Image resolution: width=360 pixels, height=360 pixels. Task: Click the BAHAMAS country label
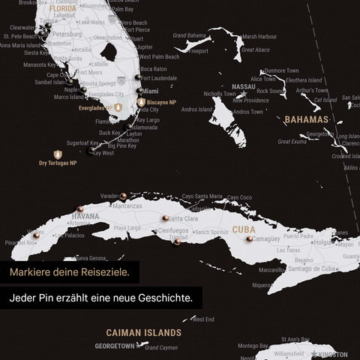[306, 120]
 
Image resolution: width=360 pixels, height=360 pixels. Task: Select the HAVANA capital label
[85, 217]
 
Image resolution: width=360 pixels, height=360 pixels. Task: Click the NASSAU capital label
[244, 87]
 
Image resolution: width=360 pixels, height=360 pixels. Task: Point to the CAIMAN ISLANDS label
[143, 331]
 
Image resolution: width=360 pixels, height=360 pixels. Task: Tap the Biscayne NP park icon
[141, 102]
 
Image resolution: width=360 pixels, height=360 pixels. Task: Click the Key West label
[103, 153]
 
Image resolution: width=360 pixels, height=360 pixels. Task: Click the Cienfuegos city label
[173, 232]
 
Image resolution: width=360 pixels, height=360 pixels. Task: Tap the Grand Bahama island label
[189, 35]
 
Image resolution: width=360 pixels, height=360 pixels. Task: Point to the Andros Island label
[196, 109]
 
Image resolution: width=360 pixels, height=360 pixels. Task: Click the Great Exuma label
[292, 141]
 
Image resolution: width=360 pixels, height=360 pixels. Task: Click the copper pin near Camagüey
[249, 238]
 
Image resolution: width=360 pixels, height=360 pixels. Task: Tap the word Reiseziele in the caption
[105, 271]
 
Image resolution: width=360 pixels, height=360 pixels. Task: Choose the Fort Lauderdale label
[158, 78]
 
